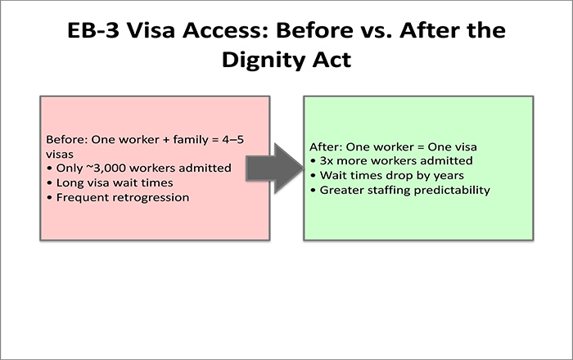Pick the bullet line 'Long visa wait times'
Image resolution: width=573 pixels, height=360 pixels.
point(110,183)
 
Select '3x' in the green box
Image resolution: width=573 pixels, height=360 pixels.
point(331,161)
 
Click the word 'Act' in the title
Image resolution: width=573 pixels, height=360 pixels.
point(330,62)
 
